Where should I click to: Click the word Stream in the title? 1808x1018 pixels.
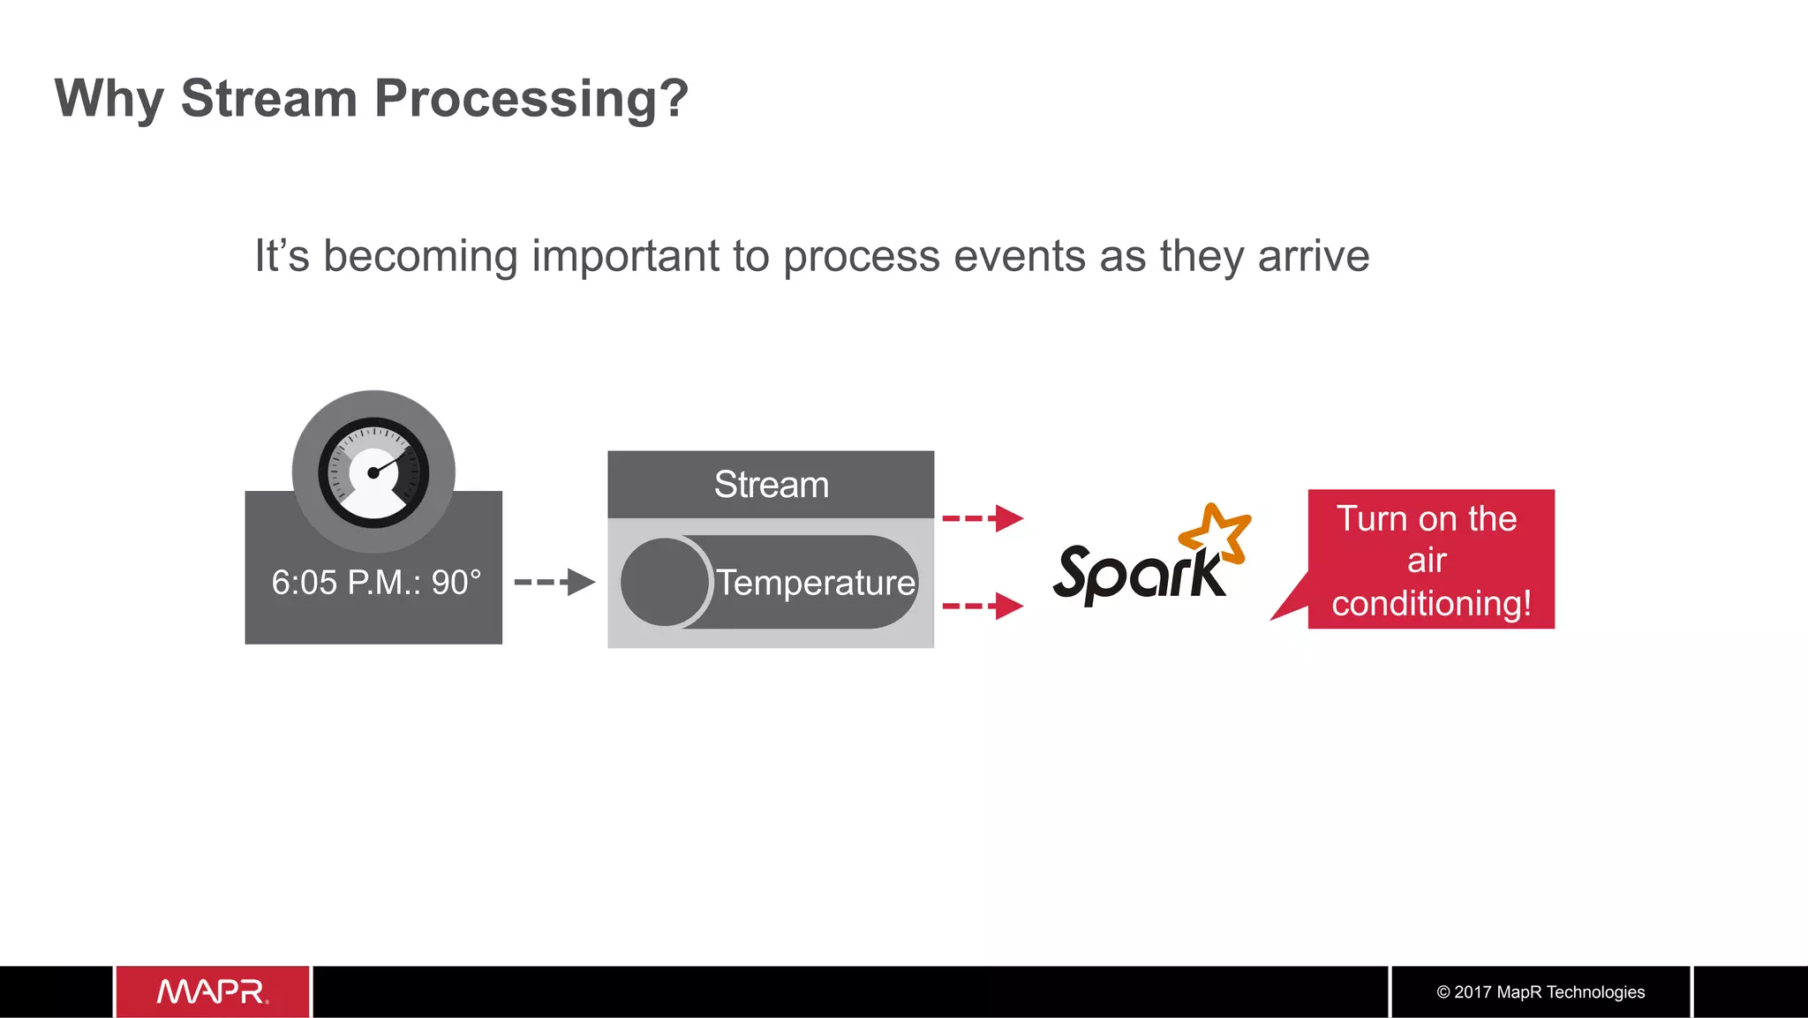pos(268,98)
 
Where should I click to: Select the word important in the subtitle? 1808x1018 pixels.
pos(626,256)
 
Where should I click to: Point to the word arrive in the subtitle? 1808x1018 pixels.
pos(1313,256)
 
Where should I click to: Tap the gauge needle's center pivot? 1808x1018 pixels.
pos(373,473)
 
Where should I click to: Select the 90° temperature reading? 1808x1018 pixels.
pos(456,583)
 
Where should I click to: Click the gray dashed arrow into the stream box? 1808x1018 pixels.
pos(554,582)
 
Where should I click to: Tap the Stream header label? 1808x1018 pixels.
pos(771,485)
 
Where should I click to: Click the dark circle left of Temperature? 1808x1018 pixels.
pos(664,582)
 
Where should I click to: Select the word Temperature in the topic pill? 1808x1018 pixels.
pos(815,583)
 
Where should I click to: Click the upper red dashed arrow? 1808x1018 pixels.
pos(982,518)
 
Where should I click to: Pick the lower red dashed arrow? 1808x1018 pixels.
pos(982,607)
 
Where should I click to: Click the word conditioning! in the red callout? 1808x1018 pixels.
pos(1431,604)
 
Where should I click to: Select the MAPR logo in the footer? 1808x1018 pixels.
pos(212,992)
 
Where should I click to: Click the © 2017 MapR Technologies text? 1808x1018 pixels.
pos(1541,992)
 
